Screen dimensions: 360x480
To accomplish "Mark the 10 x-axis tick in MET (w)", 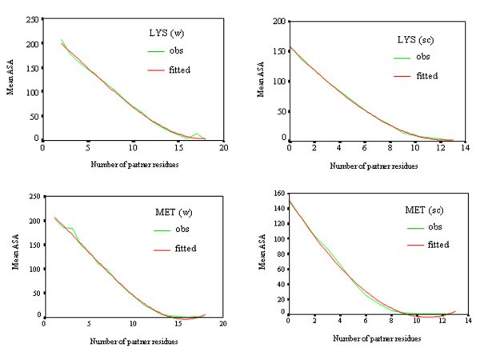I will coord(132,325).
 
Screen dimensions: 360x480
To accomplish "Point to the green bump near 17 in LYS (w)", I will coord(197,134).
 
